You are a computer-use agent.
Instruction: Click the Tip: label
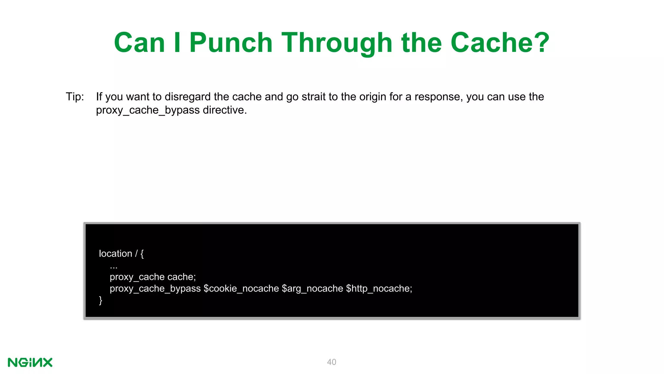point(75,97)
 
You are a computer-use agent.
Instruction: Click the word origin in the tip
point(373,97)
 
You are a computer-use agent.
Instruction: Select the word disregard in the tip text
point(188,97)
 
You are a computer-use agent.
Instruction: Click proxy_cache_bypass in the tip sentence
point(148,110)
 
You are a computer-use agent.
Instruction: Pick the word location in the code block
point(115,254)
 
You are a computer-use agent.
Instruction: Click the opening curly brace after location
point(142,254)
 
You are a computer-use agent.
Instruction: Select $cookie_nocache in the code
point(241,289)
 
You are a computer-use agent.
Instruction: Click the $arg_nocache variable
point(313,289)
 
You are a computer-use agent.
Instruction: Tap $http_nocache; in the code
point(379,289)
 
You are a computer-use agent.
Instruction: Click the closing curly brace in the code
point(101,300)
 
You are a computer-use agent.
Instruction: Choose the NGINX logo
point(30,362)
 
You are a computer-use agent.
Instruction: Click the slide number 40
point(332,362)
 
